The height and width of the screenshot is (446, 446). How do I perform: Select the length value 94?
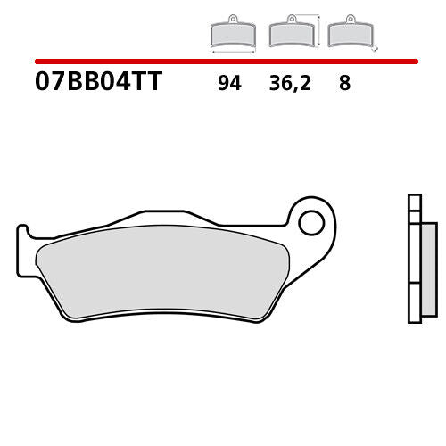pyautogui.click(x=230, y=84)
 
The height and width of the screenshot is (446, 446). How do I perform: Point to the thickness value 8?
pyautogui.click(x=343, y=84)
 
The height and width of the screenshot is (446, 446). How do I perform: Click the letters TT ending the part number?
pyautogui.click(x=148, y=83)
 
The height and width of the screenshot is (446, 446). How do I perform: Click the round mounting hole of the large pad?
pyautogui.click(x=310, y=222)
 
